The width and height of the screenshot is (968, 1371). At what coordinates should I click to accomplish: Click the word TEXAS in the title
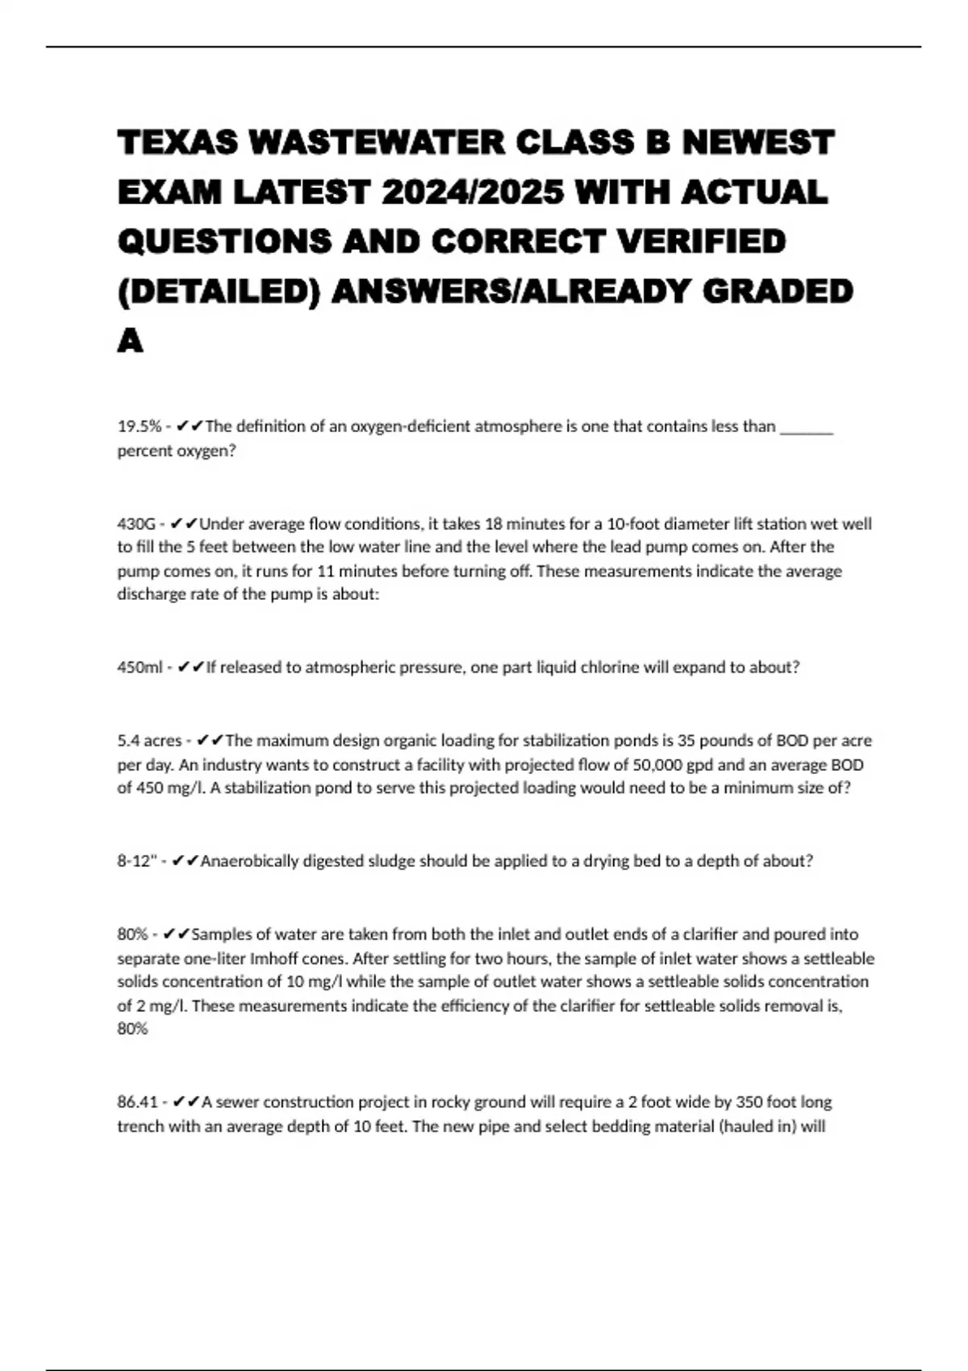coord(177,143)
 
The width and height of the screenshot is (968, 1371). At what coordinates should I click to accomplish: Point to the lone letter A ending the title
coord(130,341)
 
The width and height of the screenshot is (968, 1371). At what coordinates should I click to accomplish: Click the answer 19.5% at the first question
coord(139,427)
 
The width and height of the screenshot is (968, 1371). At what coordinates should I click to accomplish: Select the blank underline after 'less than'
coord(807,427)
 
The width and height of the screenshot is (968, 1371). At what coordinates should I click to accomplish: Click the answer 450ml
coord(140,668)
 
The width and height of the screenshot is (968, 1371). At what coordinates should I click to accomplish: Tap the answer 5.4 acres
coord(149,740)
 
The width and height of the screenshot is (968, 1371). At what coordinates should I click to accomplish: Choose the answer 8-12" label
coord(136,861)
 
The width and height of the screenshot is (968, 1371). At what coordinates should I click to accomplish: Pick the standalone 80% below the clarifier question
coord(132,1029)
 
